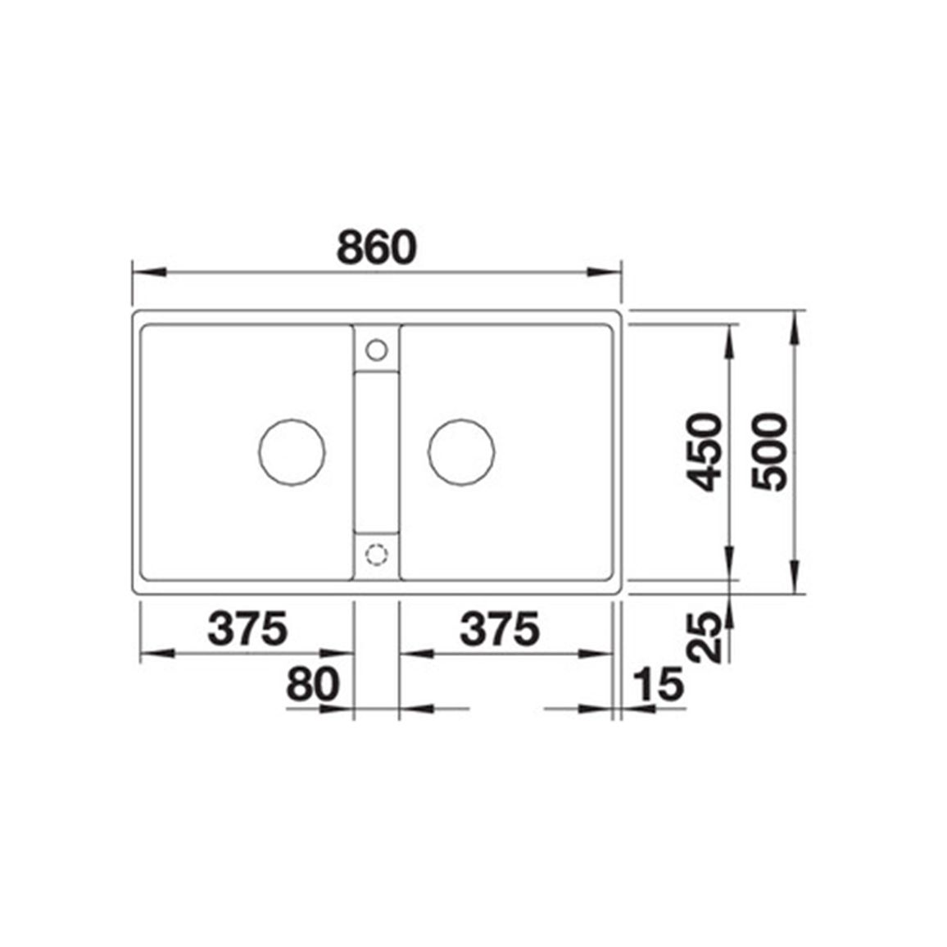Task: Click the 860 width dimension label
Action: (376, 247)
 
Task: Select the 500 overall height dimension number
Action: (770, 451)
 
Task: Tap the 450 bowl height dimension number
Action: (705, 451)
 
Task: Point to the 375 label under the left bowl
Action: (247, 628)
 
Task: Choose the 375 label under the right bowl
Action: (500, 628)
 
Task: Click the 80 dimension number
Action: (313, 684)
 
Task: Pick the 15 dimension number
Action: (659, 684)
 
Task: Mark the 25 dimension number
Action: (705, 637)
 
